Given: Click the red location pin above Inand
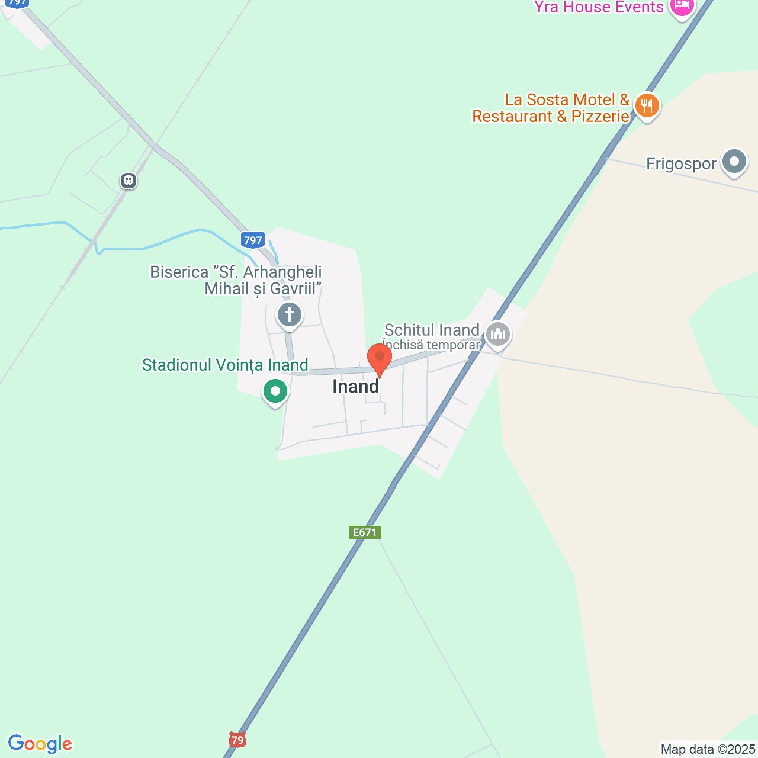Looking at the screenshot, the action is [x=380, y=358].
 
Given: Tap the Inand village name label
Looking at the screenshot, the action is [x=355, y=386].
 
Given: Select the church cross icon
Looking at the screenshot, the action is [x=290, y=314].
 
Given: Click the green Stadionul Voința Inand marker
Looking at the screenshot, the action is [x=275, y=391].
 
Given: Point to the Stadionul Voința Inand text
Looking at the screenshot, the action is [x=225, y=365].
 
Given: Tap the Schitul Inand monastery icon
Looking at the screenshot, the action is [x=498, y=334].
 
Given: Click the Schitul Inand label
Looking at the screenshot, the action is [x=432, y=330].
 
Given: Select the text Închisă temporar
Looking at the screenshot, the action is [x=431, y=345].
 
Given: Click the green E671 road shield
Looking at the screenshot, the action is [x=365, y=532].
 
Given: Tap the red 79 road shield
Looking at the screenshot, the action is [x=237, y=740].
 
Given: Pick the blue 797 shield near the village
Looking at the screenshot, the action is [x=253, y=240].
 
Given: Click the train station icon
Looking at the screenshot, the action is [x=129, y=181].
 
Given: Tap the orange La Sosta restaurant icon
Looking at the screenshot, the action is [x=647, y=107].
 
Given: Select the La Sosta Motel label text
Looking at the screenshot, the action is [x=551, y=108].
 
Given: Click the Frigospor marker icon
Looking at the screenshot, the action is [x=735, y=161].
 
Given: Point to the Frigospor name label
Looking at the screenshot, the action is [x=681, y=163].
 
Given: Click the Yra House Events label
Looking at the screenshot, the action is [x=599, y=7].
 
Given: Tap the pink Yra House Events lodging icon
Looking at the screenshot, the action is [x=682, y=7].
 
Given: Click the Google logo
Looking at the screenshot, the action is [x=40, y=744].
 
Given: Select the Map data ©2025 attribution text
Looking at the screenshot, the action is [x=708, y=749].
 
